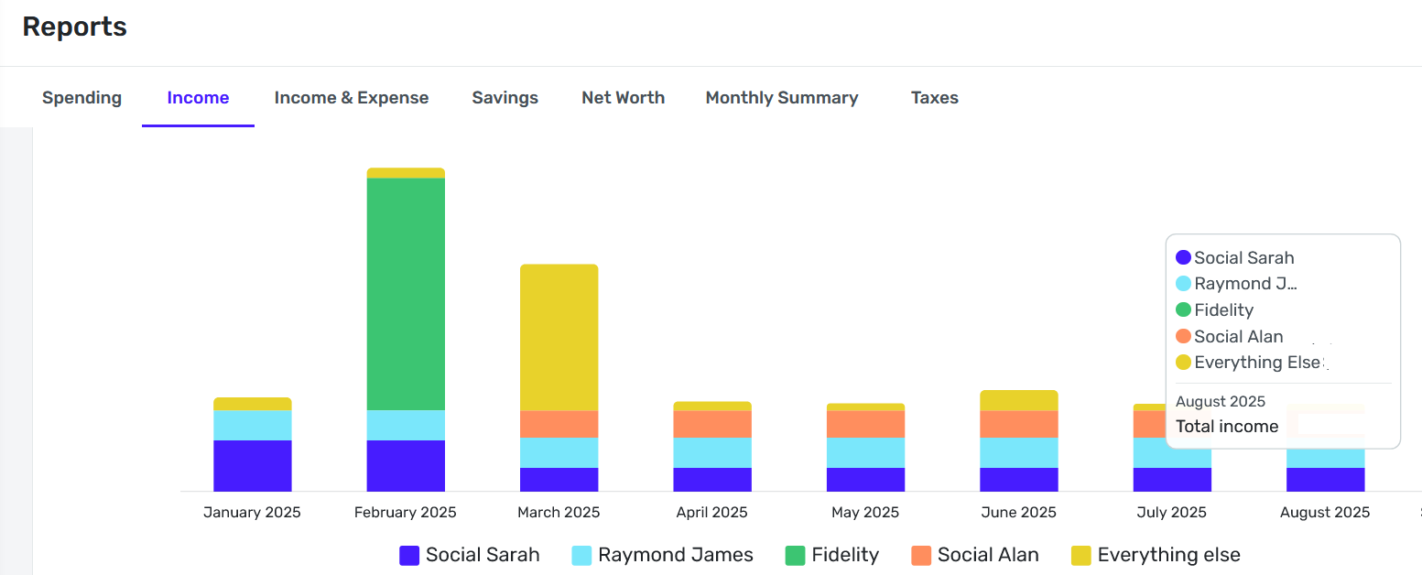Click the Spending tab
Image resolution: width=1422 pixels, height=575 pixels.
coord(81,98)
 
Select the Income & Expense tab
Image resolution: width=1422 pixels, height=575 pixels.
coord(351,98)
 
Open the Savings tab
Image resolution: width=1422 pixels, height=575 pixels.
coord(505,98)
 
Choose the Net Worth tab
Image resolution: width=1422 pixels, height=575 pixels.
coord(623,98)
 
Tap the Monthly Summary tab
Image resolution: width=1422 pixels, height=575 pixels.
coord(781,98)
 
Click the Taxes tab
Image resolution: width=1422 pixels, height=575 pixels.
coord(934,98)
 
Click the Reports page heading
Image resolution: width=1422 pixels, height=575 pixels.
coord(74,27)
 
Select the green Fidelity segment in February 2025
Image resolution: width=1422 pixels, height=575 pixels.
coord(406,293)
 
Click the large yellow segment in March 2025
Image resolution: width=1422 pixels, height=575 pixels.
coord(559,337)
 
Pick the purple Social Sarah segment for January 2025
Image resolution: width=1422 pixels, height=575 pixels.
coord(252,465)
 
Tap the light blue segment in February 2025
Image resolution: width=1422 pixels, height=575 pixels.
coord(406,425)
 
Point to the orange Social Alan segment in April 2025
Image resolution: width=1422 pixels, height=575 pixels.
coord(712,424)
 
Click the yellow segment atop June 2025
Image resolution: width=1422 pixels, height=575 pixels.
coord(1018,400)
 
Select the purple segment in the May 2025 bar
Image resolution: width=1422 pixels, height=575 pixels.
coord(865,479)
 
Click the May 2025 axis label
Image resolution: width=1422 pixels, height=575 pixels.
coord(865,513)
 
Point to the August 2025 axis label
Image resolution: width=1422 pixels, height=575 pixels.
coord(1325,513)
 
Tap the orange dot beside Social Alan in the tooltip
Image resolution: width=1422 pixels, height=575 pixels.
coord(1183,336)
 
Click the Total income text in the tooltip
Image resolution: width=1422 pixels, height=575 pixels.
coord(1227,427)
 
